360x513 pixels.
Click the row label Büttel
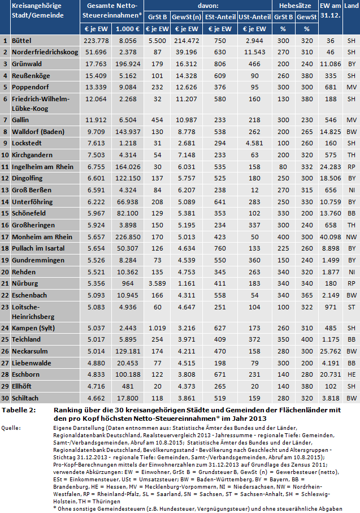pyautogui.click(x=25, y=41)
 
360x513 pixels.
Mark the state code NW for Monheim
pyautogui.click(x=351, y=237)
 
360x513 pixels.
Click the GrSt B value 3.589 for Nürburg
pyautogui.click(x=154, y=283)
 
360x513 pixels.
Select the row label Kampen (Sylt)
pyautogui.click(x=36, y=327)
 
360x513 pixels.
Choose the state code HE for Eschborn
pyautogui.click(x=351, y=374)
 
